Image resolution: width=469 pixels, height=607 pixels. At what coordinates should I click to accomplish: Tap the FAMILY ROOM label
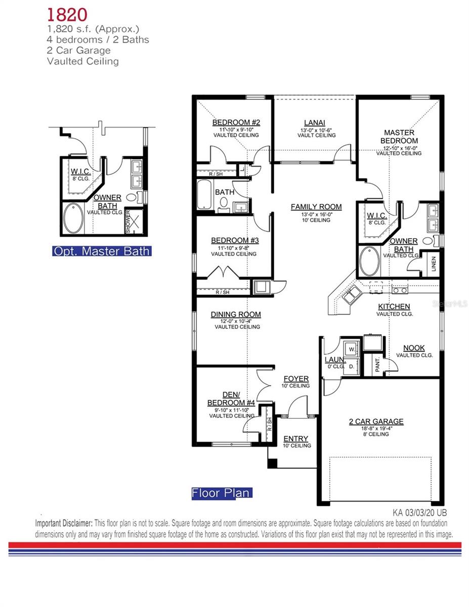[316, 207]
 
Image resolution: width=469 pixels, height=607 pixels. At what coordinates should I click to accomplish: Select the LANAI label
[314, 122]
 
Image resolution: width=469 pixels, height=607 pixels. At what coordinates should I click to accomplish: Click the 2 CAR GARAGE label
[376, 421]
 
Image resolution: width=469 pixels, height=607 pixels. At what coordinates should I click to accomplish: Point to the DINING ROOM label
[236, 315]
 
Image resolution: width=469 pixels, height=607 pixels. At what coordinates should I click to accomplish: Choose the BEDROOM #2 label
[236, 122]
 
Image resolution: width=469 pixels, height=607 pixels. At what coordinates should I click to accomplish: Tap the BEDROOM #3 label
[235, 240]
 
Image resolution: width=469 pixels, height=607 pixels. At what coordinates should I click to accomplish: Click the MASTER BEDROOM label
[399, 137]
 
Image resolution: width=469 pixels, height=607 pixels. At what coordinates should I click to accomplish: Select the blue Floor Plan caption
[221, 493]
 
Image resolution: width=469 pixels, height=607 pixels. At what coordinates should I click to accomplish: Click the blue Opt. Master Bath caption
[102, 251]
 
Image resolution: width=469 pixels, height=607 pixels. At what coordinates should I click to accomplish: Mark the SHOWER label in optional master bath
[128, 222]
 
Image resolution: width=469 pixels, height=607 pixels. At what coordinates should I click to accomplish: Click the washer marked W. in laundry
[351, 348]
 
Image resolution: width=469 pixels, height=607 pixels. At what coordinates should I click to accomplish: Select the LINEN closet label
[434, 264]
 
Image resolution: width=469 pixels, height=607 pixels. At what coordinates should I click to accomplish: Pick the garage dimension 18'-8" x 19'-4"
[376, 428]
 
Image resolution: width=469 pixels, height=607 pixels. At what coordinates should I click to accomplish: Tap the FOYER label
[296, 379]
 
